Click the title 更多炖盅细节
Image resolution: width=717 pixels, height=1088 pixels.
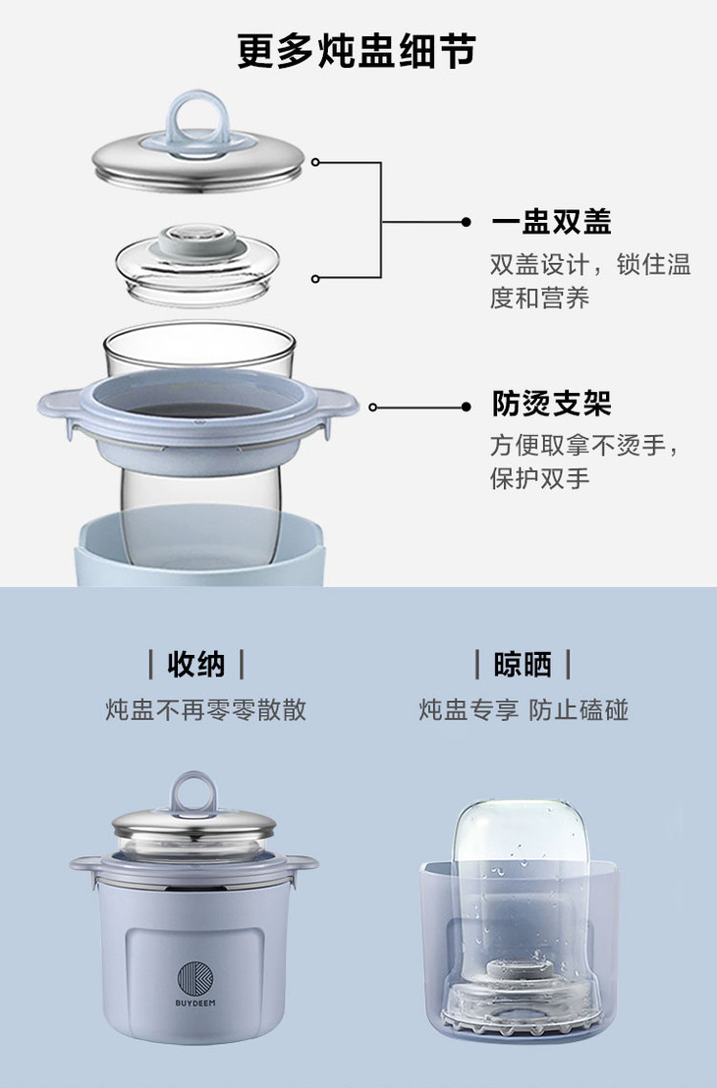[x=358, y=52]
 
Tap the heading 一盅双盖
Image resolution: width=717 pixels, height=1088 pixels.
[x=551, y=222]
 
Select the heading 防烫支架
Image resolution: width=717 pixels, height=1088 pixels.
[x=551, y=404]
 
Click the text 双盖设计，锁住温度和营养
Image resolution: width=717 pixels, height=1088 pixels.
[x=589, y=281]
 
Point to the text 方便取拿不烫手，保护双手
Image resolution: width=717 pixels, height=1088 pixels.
[x=586, y=462]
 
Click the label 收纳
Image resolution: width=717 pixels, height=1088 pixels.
[x=196, y=665]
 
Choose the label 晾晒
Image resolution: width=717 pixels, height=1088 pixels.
[x=523, y=665]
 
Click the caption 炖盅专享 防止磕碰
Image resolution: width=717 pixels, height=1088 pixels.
[x=524, y=710]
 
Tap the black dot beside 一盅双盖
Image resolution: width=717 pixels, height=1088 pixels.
[x=466, y=222]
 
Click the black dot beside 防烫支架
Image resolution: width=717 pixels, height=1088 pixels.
[x=466, y=407]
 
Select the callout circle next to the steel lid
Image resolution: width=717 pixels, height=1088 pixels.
[x=316, y=162]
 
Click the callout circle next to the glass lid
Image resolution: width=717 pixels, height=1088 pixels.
[x=316, y=279]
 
